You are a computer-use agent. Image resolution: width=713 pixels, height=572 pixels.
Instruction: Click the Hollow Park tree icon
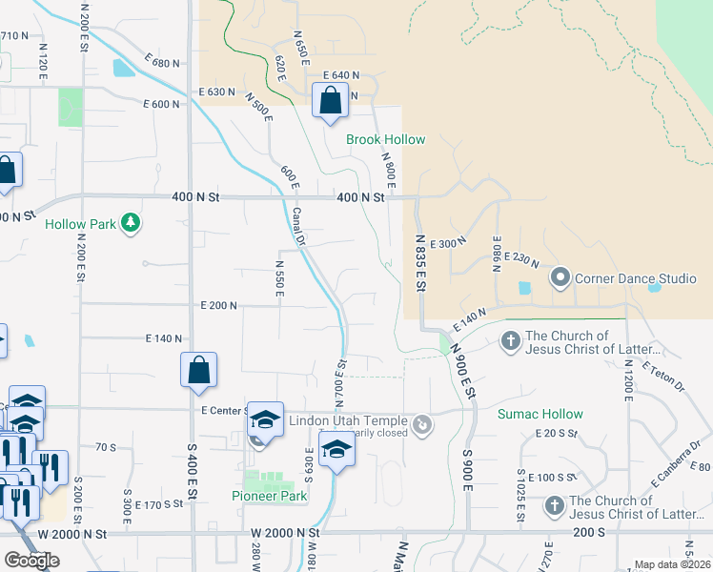coord(131,224)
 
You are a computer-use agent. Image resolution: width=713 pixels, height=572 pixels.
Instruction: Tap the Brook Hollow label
coord(385,139)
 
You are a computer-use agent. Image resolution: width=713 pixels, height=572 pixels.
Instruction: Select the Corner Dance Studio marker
coord(560,278)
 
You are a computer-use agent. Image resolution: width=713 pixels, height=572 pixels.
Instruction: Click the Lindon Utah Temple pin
coord(422,421)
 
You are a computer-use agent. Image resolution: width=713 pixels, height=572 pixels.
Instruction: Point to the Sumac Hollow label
coord(540,415)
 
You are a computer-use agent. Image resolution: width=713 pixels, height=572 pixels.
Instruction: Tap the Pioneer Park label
coord(270,496)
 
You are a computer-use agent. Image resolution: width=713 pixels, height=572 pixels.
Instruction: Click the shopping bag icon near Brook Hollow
coord(330,100)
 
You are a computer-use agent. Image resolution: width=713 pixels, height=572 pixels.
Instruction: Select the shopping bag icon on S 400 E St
coord(198,371)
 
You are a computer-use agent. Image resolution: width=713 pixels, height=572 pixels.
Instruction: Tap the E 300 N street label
coord(445,244)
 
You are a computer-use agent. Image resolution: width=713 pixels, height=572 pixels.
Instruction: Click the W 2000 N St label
coord(285,533)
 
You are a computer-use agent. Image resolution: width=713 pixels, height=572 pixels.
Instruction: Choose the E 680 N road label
coord(163,63)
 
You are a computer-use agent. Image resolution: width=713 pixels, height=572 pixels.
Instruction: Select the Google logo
coord(31,561)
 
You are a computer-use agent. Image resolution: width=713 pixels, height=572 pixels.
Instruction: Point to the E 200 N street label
coord(218,305)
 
